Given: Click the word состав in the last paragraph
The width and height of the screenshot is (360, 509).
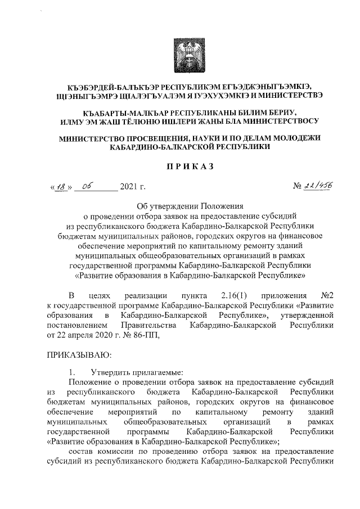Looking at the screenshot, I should coord(80,451).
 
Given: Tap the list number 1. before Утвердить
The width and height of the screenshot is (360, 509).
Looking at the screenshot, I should coord(71,372).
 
